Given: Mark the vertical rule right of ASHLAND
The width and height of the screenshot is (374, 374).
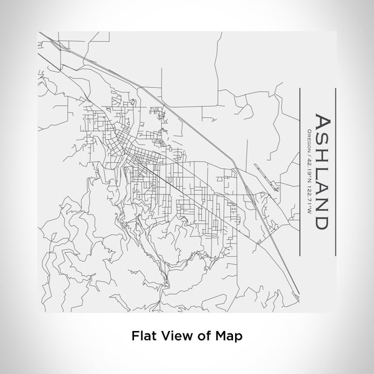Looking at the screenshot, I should tap(337, 168).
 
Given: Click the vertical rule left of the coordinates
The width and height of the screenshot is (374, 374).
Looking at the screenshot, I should tap(300, 168).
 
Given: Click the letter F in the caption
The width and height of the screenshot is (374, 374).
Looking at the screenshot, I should tap(135, 335).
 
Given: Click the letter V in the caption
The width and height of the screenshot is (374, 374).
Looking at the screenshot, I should tap(166, 335).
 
